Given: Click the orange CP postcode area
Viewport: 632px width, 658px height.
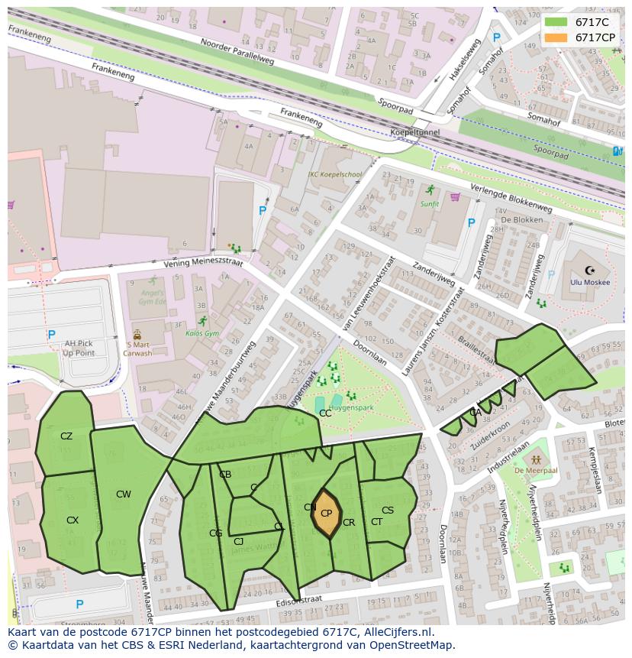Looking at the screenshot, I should click(x=326, y=514).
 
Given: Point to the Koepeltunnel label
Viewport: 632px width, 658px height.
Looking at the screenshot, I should click(x=415, y=132).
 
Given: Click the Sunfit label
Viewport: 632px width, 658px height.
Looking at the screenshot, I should click(x=430, y=204).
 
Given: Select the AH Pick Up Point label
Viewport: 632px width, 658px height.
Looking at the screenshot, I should click(x=79, y=348).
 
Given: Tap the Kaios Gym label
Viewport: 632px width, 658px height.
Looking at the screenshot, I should click(x=202, y=333).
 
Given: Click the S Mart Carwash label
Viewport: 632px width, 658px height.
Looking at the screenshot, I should click(x=137, y=348).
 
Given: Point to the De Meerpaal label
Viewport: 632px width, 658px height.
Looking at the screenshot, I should click(x=537, y=471).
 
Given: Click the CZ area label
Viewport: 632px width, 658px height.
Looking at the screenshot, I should click(x=66, y=436).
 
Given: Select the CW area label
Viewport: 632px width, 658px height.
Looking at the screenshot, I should click(x=123, y=494).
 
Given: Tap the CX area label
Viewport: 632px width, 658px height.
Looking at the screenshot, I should click(x=73, y=520).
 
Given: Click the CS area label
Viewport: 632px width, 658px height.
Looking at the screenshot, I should click(x=388, y=511).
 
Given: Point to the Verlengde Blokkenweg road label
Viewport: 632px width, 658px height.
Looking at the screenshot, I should click(x=511, y=199).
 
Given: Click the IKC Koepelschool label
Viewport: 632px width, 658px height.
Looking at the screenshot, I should click(x=334, y=174).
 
